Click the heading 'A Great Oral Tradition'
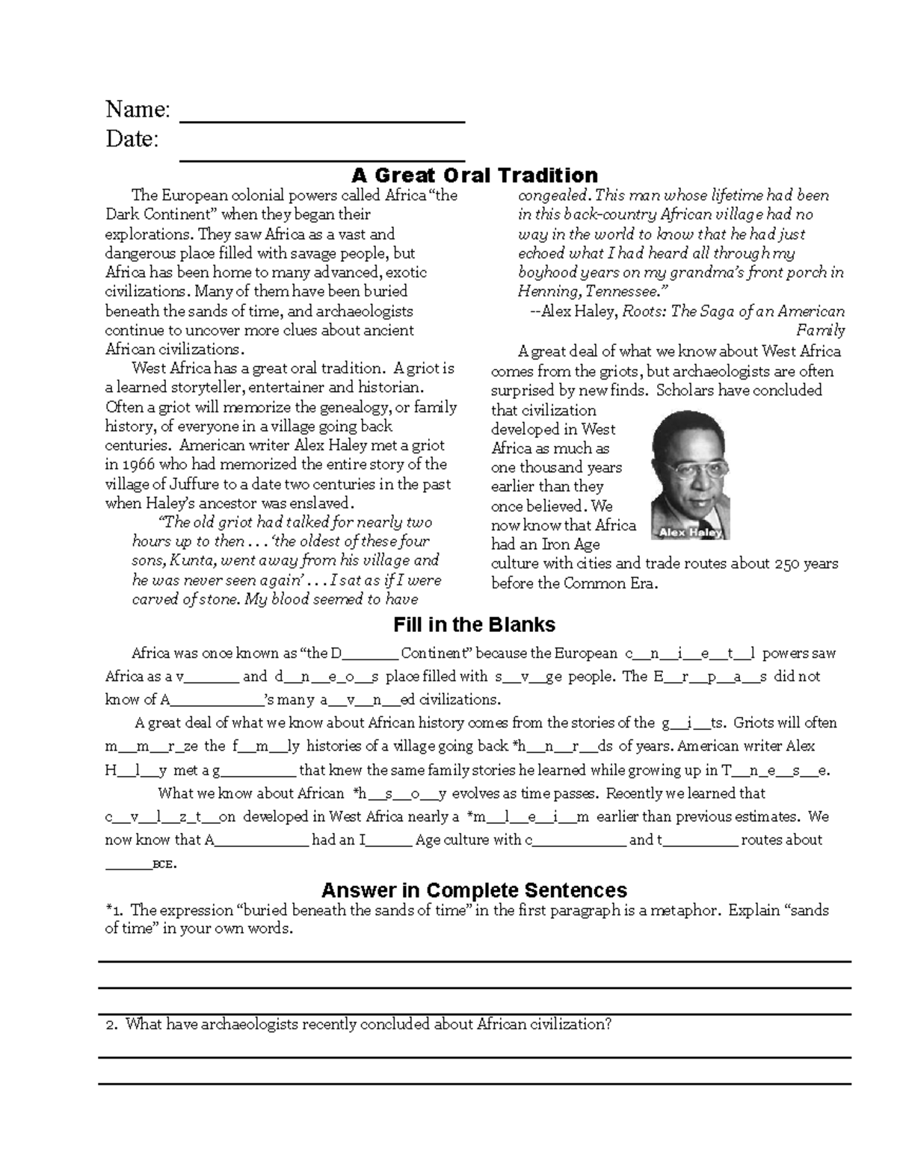click(475, 176)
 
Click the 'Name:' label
click(138, 110)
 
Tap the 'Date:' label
click(132, 139)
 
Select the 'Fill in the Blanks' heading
click(474, 624)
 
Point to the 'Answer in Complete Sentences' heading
click(474, 890)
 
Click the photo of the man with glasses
click(688, 474)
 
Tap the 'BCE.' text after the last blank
click(164, 864)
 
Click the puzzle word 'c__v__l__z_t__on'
click(170, 817)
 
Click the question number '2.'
click(112, 1025)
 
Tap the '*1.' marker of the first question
click(117, 911)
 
